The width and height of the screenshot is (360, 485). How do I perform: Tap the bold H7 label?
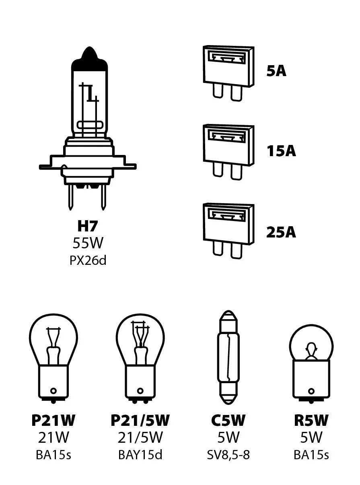(88, 226)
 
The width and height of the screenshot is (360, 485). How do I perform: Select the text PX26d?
(88, 261)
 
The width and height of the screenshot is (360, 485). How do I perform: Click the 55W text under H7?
(88, 244)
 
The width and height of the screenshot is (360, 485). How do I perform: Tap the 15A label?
(281, 151)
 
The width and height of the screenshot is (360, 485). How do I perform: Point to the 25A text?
(281, 232)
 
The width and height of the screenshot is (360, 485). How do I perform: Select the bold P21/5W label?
(140, 421)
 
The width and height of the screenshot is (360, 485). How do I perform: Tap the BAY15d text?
(140, 455)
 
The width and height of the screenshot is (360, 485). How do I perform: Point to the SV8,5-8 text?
(228, 455)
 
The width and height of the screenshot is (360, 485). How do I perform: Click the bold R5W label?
(311, 421)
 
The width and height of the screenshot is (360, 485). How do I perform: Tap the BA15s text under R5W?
(311, 455)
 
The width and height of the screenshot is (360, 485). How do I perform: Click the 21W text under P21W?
(53, 438)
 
